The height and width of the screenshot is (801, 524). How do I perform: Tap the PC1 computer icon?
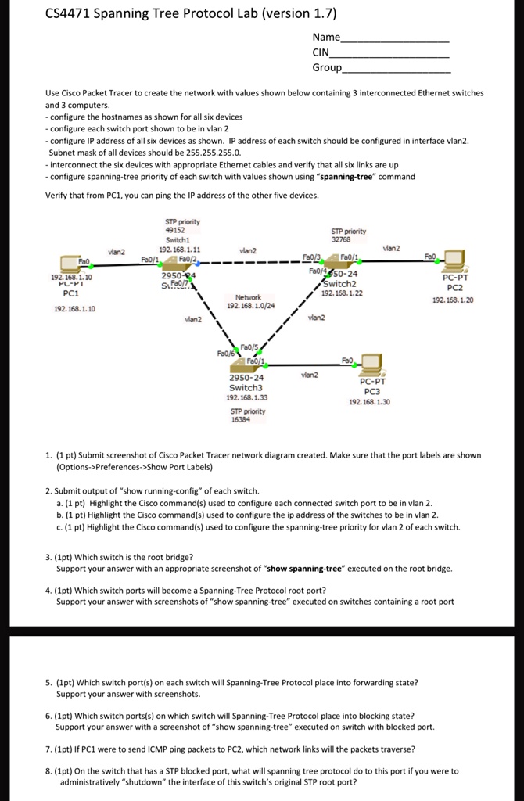[72, 263]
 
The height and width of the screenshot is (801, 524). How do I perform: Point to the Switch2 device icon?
[328, 271]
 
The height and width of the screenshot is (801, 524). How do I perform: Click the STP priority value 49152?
[174, 231]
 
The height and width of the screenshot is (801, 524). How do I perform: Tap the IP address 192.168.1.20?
[454, 300]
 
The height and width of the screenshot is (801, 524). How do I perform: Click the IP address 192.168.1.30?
[370, 402]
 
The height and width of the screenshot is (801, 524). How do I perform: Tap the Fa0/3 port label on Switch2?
[311, 257]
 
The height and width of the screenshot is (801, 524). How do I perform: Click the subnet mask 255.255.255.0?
[209, 153]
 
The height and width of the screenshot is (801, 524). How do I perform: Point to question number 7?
[48, 749]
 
